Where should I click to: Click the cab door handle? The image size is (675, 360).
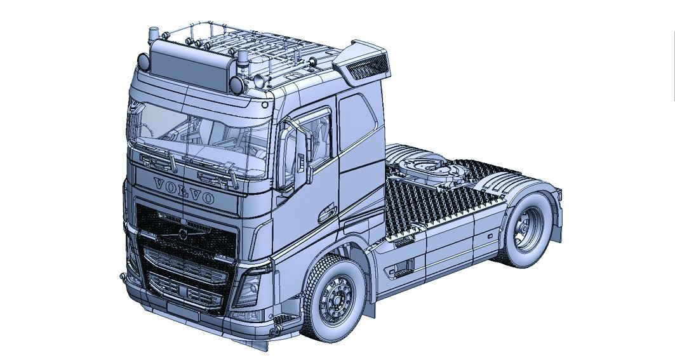coord(330,211)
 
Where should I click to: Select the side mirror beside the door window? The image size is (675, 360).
coord(290,156)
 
